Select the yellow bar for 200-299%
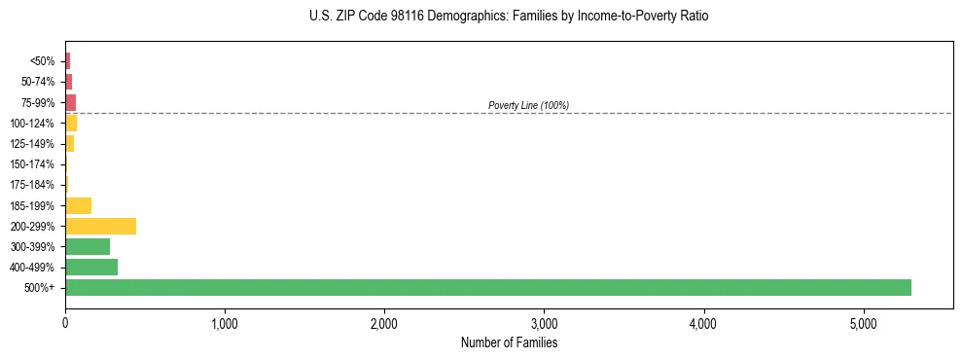[100, 227]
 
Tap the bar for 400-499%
[91, 268]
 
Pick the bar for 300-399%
[88, 247]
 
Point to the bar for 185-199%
[78, 205]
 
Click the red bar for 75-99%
[70, 102]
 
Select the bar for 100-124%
[71, 124]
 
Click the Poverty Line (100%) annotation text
[528, 105]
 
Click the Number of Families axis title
[509, 342]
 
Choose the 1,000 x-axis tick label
[225, 323]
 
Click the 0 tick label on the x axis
[65, 323]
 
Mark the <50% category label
[43, 61]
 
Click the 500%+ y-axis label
[40, 288]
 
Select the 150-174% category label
[32, 164]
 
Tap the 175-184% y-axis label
[32, 185]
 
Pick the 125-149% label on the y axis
[32, 144]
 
